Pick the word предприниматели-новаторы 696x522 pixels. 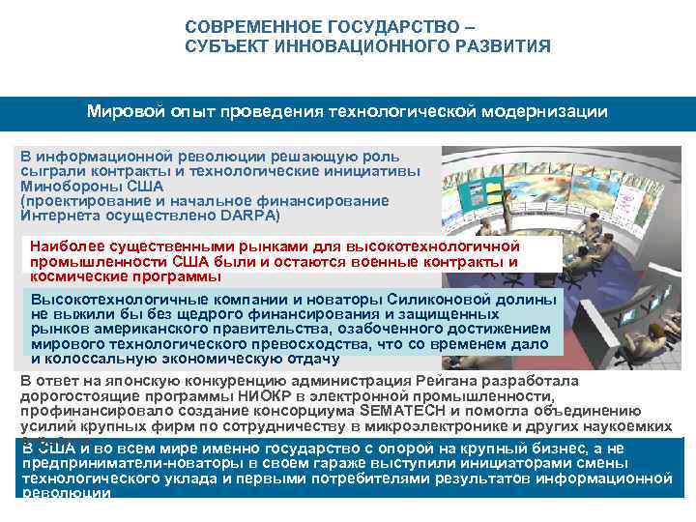pos(115,463)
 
